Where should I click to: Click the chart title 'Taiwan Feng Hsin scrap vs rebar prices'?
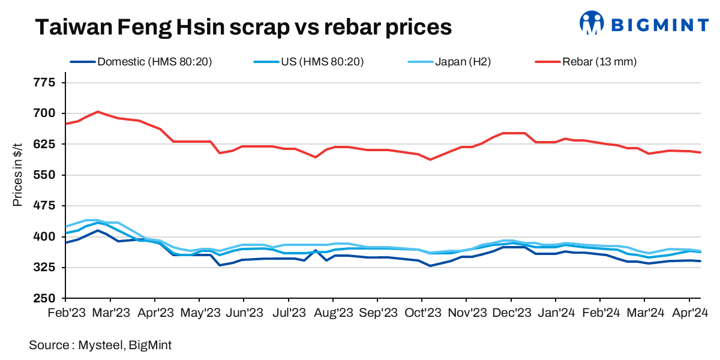(x=243, y=27)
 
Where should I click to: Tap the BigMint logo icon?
(x=592, y=23)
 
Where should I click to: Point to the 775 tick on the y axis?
(x=46, y=82)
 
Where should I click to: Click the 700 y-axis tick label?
(x=46, y=113)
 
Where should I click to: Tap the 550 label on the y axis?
(x=46, y=175)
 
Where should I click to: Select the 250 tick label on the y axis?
(x=46, y=298)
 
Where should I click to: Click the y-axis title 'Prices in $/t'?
(x=17, y=175)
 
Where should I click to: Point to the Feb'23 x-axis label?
(x=65, y=313)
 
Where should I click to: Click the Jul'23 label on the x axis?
(x=289, y=313)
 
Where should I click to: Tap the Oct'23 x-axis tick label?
(x=422, y=313)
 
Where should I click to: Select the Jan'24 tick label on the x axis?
(x=556, y=313)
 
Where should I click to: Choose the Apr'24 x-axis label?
(x=689, y=313)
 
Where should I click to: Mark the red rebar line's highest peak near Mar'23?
(x=98, y=112)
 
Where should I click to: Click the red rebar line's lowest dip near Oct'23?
(x=430, y=160)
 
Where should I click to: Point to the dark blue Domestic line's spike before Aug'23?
(x=316, y=250)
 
